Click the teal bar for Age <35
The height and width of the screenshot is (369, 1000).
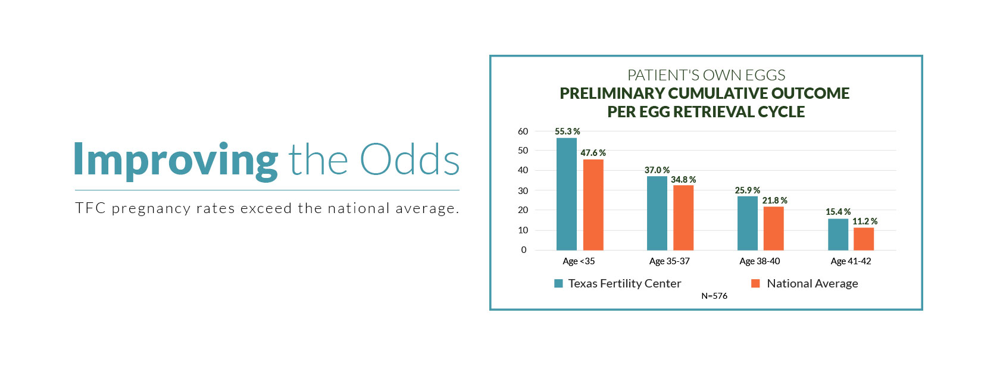click(566, 194)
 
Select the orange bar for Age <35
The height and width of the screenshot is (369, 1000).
click(593, 205)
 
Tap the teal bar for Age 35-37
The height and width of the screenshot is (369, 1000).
click(657, 213)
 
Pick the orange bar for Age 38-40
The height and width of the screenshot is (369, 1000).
click(773, 229)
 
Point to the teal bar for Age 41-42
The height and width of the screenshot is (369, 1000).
click(837, 234)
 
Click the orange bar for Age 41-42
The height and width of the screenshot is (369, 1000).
click(864, 239)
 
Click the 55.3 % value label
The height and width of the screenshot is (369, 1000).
click(567, 132)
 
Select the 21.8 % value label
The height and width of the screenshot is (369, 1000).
click(774, 201)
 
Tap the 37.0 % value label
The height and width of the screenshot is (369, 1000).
click(657, 170)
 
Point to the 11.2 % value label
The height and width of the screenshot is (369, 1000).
click(864, 221)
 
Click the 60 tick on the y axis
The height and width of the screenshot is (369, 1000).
click(523, 132)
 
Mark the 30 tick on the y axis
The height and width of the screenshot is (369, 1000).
click(523, 190)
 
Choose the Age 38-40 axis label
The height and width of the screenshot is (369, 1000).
click(760, 261)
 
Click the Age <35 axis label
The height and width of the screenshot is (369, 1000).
click(579, 261)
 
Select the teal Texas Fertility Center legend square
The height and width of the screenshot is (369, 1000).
click(558, 283)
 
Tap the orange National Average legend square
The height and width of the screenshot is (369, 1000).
click(755, 283)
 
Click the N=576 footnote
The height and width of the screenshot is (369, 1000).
click(714, 296)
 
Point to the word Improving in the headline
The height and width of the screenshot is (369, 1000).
click(176, 160)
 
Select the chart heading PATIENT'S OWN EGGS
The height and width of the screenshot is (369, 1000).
click(706, 76)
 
